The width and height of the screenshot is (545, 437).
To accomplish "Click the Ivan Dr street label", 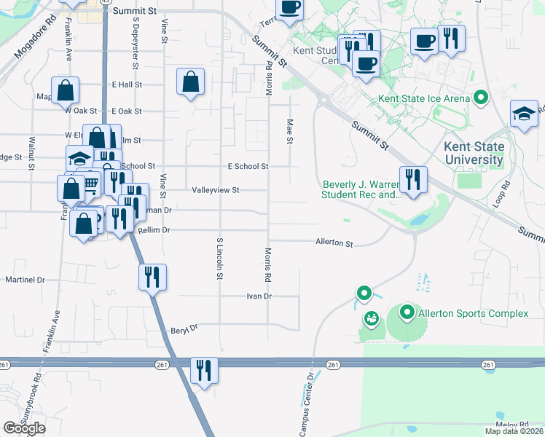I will point(259,296).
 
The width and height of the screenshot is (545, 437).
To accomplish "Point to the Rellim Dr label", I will point(153,230).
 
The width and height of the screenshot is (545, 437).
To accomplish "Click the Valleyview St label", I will point(216,190).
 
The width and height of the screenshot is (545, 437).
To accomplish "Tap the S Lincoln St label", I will point(219,258).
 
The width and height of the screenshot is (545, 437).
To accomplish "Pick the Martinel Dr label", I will point(26,280).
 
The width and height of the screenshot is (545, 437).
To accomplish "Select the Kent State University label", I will point(474,154).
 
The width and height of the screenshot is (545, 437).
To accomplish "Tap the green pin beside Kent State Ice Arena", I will point(480,97).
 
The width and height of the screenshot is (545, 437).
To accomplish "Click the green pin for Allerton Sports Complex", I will point(407,314).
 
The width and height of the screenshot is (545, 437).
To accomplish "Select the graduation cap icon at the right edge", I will point(524,114).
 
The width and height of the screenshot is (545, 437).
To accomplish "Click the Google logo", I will point(24,428).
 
